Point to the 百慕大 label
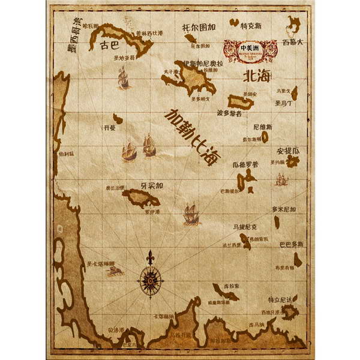(x=293, y=42)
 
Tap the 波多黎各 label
(x=229, y=112)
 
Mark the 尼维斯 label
(x=263, y=127)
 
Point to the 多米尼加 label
(x=284, y=209)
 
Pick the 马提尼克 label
(x=245, y=227)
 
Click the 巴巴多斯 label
(x=291, y=245)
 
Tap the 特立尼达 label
(x=281, y=299)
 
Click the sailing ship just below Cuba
(x=124, y=77)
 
